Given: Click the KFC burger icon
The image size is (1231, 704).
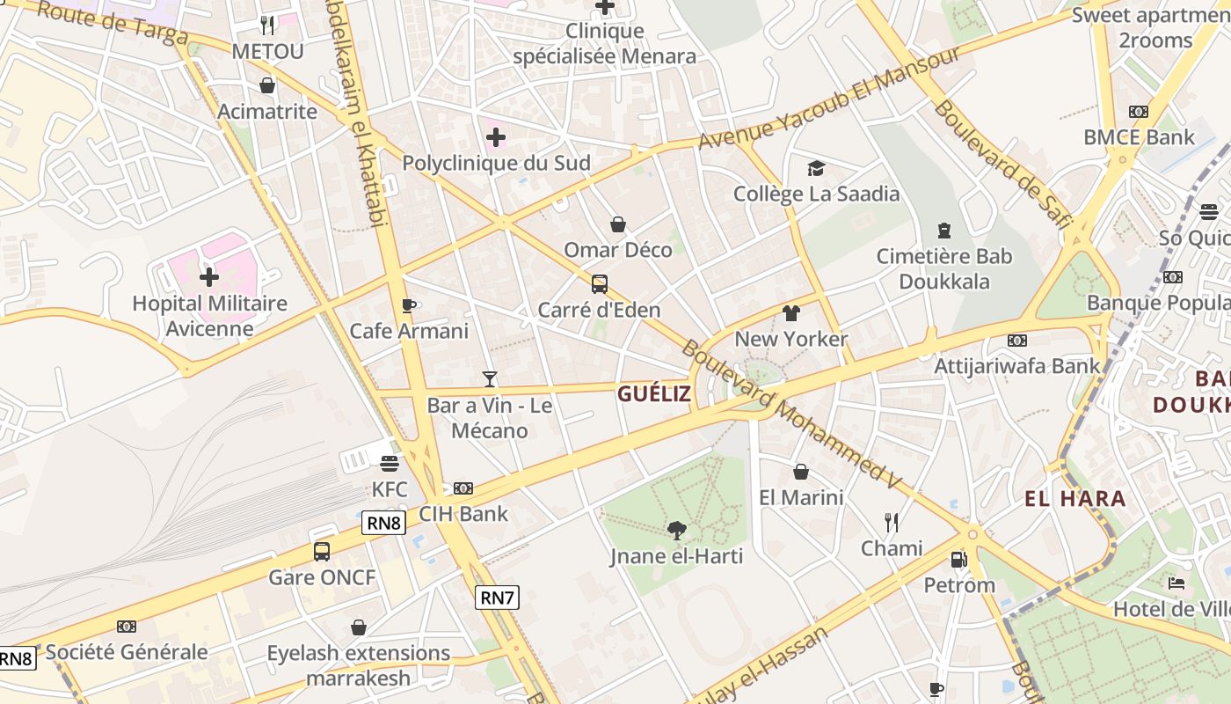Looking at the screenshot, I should coord(390,463).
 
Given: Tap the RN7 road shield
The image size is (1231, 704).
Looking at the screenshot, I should coord(497,598).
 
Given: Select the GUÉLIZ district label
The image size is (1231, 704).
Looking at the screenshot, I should coord(653,393).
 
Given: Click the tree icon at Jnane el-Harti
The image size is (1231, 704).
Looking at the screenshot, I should coord(676,530).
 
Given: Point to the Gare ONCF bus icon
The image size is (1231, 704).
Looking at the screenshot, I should coord(322,552).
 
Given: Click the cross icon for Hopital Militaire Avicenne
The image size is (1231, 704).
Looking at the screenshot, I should coord(208,278).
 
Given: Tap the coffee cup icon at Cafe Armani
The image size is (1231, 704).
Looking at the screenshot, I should coord(408,305).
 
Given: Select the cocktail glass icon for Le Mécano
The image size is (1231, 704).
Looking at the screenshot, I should coord(490,379).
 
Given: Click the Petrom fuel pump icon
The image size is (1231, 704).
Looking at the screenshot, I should coord(958,559).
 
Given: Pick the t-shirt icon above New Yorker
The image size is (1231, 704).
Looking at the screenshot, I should coord(790,313).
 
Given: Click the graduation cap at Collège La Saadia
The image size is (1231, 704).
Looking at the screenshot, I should coord(816,168).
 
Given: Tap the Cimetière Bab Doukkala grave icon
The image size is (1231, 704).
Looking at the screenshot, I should coord(943,231).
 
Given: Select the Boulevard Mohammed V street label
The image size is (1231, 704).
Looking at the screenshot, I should coord(791,414).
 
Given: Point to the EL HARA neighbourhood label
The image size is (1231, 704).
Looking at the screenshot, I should coord(1074,499).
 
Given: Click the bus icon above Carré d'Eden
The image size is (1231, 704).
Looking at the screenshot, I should coord(599,284).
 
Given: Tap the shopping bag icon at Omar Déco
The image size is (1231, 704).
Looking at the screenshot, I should coord(618,224).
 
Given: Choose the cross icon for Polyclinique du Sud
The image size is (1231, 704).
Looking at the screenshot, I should coord(496,137).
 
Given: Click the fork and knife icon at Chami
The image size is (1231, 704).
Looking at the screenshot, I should coord(892,523).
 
